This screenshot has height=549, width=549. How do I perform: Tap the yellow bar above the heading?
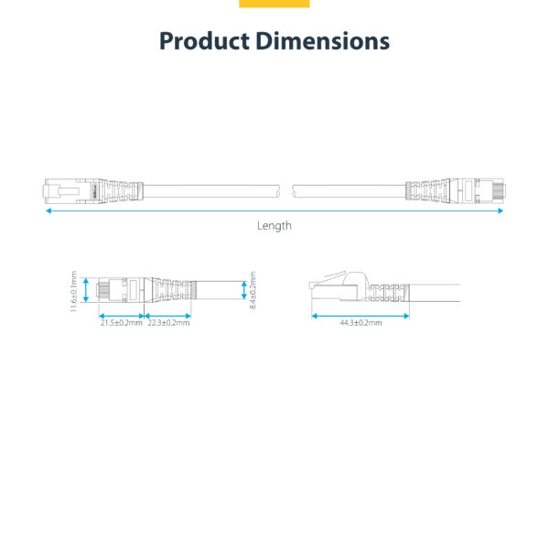(274, 4)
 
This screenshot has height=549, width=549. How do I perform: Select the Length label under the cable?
(274, 225)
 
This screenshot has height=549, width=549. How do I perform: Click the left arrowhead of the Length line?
(48, 210)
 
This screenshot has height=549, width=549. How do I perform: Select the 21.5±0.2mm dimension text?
(122, 322)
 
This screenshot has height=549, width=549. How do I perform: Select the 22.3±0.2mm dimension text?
(169, 322)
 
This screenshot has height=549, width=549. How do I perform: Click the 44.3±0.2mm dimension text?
(361, 322)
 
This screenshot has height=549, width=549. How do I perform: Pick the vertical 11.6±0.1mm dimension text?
(74, 291)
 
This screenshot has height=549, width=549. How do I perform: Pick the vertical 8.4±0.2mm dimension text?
(253, 291)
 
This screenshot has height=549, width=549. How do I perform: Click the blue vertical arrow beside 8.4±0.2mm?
(243, 291)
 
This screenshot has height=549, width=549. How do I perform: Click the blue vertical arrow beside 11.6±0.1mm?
(86, 291)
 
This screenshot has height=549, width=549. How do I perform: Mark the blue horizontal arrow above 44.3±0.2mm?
(359, 315)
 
